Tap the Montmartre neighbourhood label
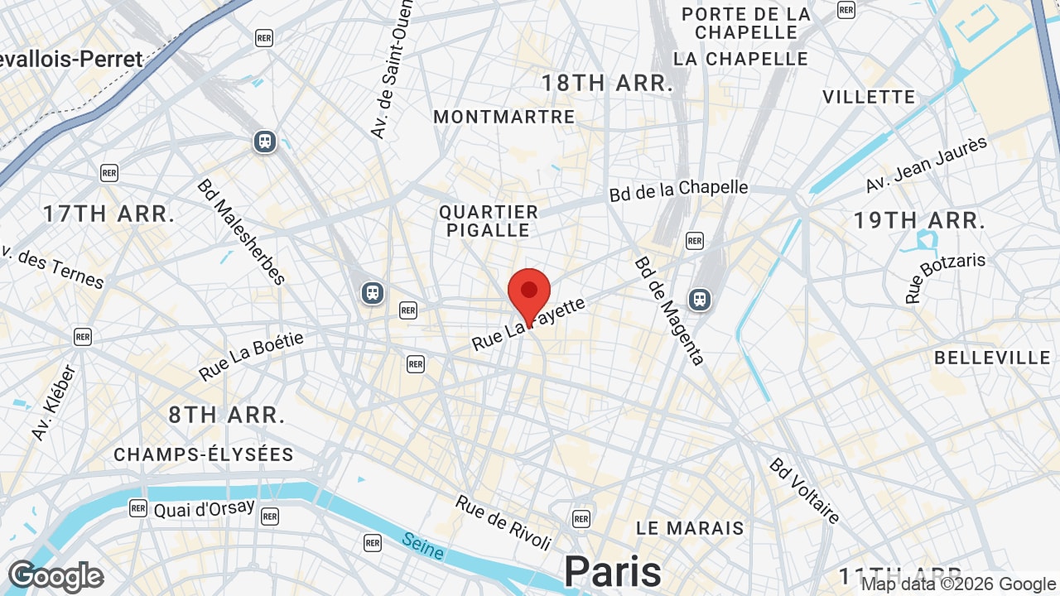504,117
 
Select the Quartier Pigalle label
489,221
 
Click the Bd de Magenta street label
669,310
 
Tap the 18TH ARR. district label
607,83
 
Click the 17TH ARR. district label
109,214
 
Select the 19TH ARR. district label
919,221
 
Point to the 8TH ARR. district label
227,415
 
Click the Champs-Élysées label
204,454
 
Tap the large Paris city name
613,571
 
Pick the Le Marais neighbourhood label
690,527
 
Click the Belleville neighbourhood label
992,358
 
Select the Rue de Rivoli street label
503,521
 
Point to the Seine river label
423,546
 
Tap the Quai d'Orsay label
205,508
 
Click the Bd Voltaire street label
805,490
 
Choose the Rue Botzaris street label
946,277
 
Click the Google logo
55,576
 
